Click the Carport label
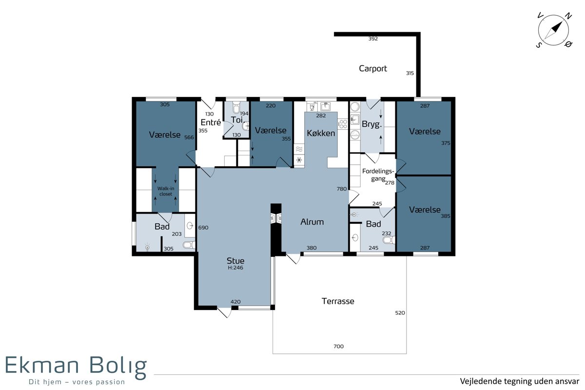click(372, 68)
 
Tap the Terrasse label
click(338, 301)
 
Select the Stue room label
click(235, 261)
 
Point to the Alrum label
click(312, 222)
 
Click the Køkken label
click(321, 133)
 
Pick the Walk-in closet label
click(166, 191)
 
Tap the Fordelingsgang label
click(378, 175)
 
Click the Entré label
click(211, 122)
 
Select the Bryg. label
click(371, 124)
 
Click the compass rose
click(553, 30)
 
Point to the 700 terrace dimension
click(338, 347)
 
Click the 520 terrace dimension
click(400, 312)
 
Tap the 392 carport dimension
click(373, 39)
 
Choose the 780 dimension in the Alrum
click(342, 189)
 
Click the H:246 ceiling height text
click(235, 268)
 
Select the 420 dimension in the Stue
click(235, 302)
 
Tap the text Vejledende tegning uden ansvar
click(520, 381)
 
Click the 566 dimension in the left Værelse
click(189, 137)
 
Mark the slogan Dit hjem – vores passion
click(77, 382)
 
